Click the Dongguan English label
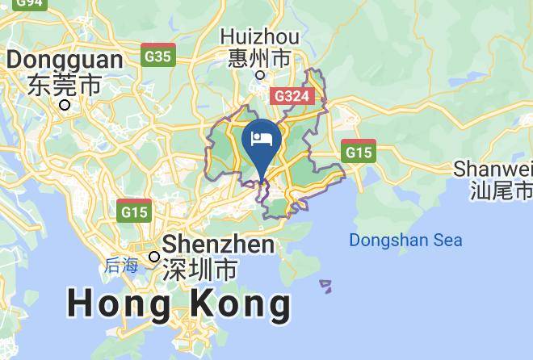click(x=65, y=60)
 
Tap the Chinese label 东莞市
click(x=64, y=83)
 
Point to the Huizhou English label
click(x=259, y=37)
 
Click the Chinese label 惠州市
click(x=259, y=58)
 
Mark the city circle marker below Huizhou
click(x=260, y=75)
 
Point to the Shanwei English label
click(x=493, y=169)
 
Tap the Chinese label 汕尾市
click(x=501, y=190)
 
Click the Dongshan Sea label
click(x=405, y=240)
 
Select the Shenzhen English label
click(x=219, y=244)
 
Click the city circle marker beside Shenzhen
click(x=154, y=257)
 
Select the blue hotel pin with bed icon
click(x=262, y=142)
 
